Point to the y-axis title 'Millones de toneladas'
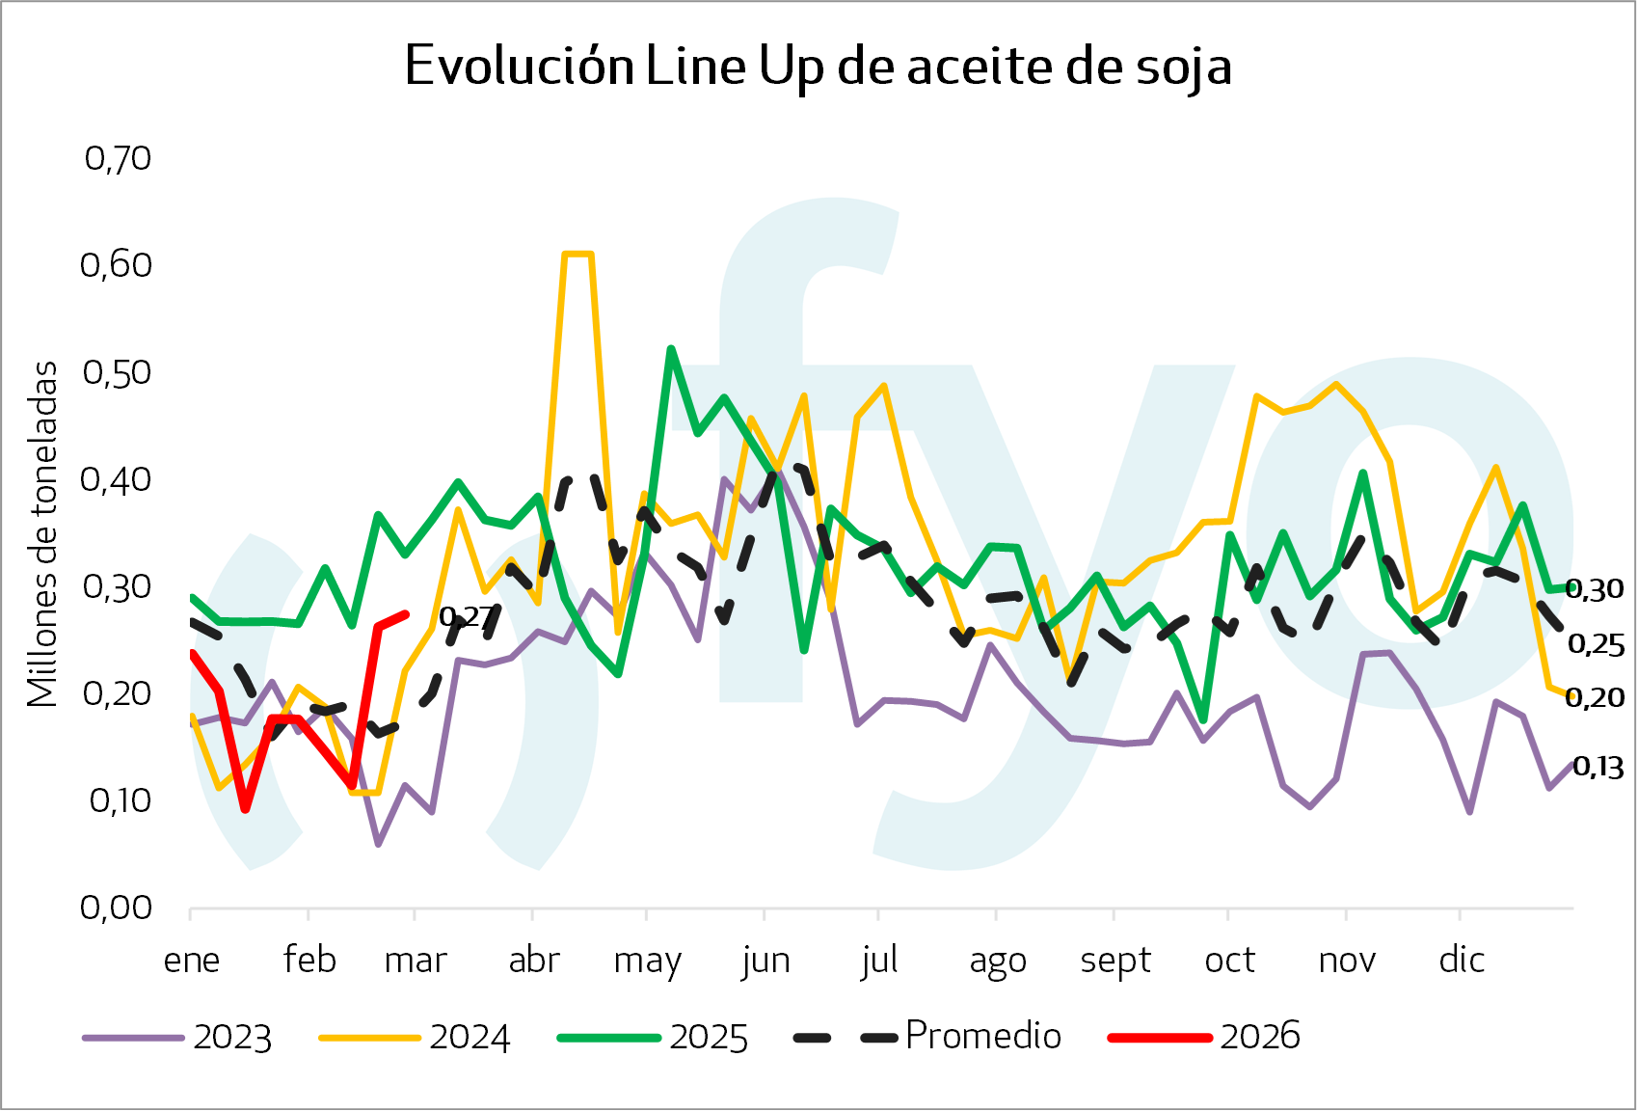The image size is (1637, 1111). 43,533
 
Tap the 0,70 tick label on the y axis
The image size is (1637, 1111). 118,158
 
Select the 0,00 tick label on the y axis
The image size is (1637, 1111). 116,908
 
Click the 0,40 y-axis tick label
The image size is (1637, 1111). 116,479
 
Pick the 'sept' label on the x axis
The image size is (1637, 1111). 1115,961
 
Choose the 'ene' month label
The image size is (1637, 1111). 192,961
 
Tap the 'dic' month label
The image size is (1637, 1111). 1461,961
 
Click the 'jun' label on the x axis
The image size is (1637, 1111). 765,961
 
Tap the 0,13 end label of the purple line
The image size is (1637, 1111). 1597,768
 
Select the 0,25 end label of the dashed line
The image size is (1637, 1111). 1597,645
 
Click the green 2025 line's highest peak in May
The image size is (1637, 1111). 671,348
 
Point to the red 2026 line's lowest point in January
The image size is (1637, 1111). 246,809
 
